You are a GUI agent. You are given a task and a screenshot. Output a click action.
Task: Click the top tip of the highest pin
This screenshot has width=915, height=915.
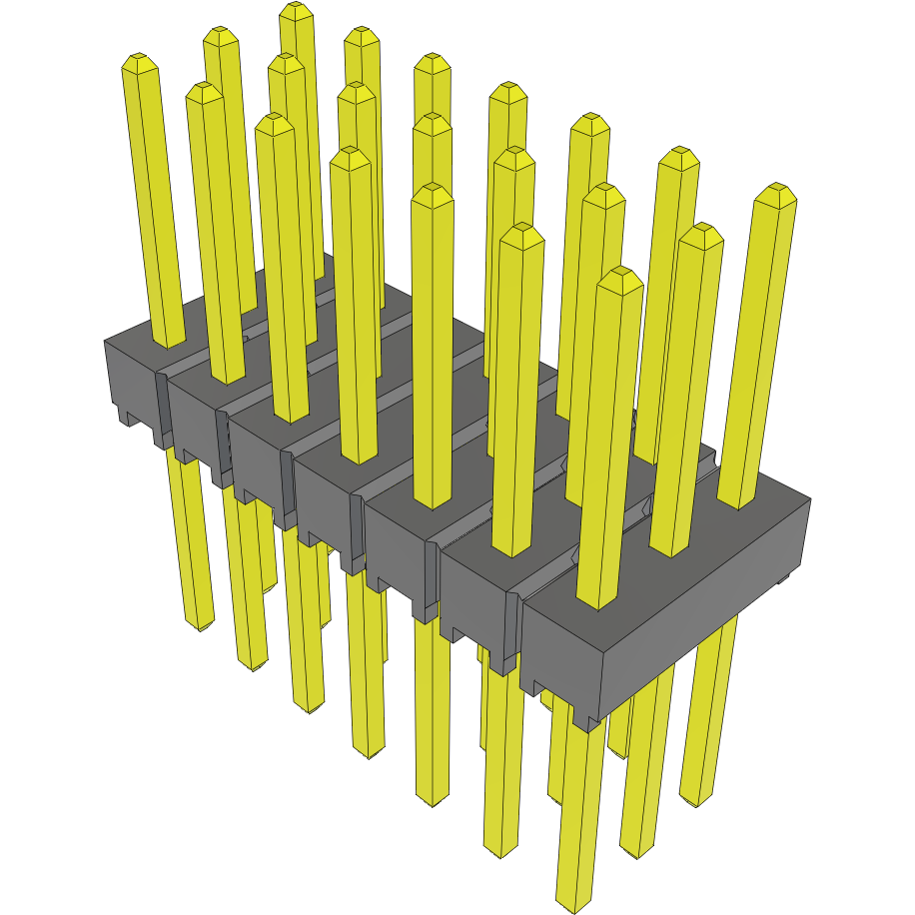tap(294, 9)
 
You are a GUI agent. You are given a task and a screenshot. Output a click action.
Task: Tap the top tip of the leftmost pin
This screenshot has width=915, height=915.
tap(140, 60)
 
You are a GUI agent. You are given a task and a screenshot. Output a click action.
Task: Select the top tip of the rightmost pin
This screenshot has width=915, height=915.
tap(775, 190)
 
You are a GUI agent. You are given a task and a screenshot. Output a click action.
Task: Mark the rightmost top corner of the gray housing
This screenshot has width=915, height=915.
tap(808, 498)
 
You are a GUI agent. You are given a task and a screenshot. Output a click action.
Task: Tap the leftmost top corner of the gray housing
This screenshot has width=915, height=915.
tap(105, 342)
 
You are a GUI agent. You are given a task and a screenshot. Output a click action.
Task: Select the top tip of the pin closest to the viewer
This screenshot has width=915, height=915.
tap(619, 276)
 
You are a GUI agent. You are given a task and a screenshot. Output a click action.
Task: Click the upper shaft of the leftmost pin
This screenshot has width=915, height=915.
tap(155, 200)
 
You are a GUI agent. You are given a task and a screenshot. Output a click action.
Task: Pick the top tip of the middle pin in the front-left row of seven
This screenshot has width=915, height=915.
tap(350, 154)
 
